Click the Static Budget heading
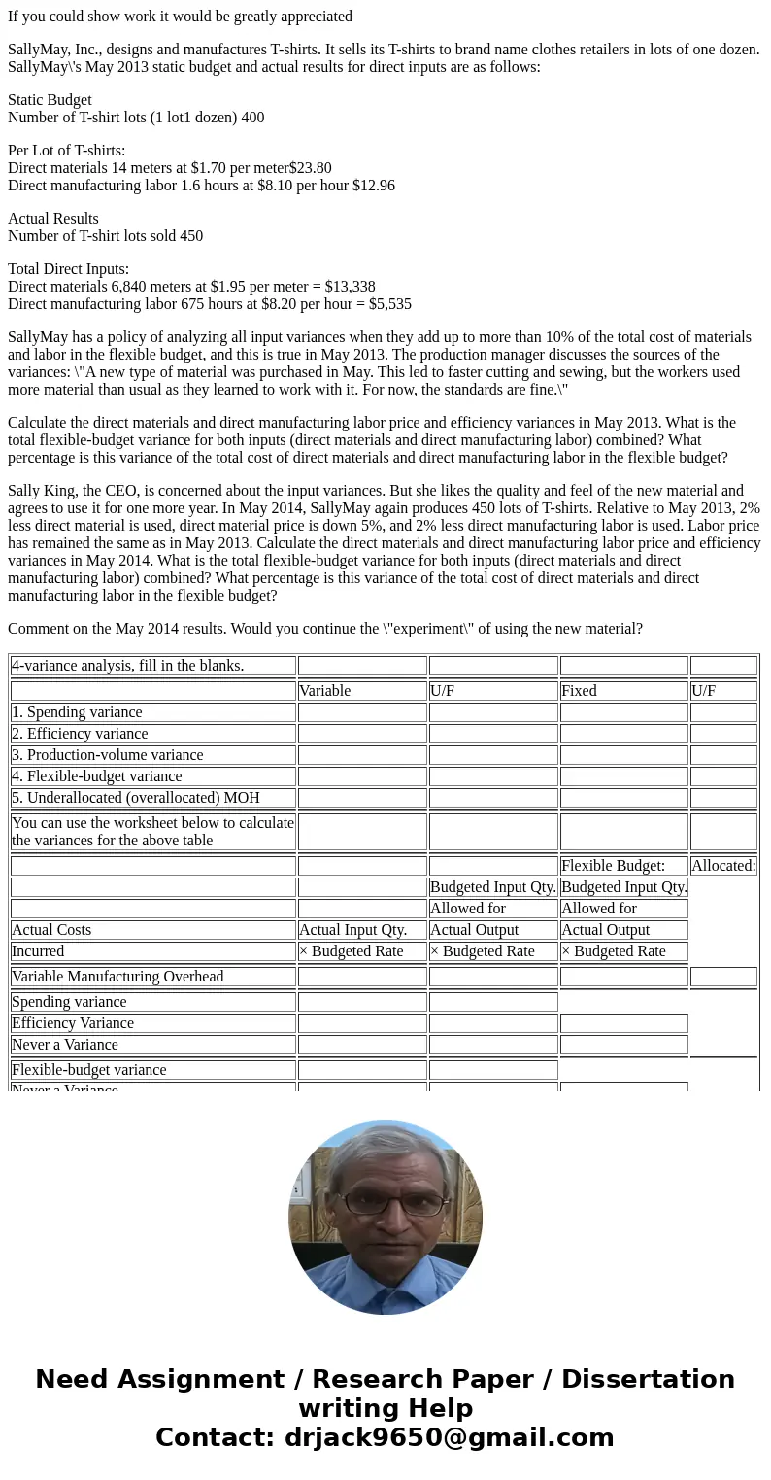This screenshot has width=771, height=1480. pyautogui.click(x=50, y=100)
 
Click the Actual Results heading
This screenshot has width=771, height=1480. pyautogui.click(x=53, y=219)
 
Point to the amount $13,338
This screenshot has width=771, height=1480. pyautogui.click(x=347, y=287)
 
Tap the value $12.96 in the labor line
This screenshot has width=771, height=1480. pyautogui.click(x=374, y=186)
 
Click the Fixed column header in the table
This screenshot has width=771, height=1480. pyautogui.click(x=579, y=691)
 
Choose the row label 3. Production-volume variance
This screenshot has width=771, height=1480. pyautogui.click(x=107, y=755)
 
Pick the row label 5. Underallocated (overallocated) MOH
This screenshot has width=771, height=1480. pyautogui.click(x=135, y=798)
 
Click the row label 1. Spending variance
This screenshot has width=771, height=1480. pyautogui.click(x=77, y=712)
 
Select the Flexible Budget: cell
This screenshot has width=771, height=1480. pyautogui.click(x=613, y=866)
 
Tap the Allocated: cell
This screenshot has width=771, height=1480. pyautogui.click(x=723, y=866)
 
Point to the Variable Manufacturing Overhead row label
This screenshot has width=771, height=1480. pyautogui.click(x=117, y=977)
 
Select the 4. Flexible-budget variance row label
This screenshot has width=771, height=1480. pyautogui.click(x=96, y=776)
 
